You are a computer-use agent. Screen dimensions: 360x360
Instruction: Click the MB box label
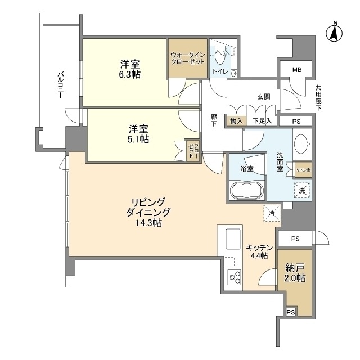[x=296, y=70]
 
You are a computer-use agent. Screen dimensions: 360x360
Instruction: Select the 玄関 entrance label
[x=264, y=97]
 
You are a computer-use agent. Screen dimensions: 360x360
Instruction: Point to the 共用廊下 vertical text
[x=318, y=97]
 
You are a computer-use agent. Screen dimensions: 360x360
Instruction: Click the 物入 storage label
[x=237, y=121]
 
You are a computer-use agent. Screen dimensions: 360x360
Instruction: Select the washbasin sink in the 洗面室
[x=303, y=145]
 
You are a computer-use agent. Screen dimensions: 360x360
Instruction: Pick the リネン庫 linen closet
[x=302, y=169]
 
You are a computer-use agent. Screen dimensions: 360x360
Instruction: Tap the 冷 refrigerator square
[x=271, y=214]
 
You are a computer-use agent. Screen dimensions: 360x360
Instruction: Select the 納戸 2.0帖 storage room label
[x=295, y=273]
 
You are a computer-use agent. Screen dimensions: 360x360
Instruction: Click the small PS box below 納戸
[x=290, y=312]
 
